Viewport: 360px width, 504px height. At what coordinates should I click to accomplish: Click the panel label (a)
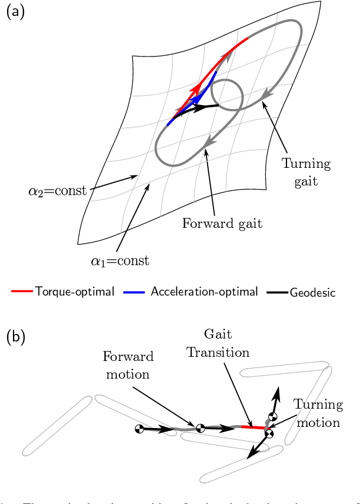[15, 12]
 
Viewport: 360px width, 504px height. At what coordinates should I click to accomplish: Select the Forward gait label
[214, 224]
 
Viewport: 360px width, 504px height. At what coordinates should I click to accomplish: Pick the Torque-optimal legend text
[75, 291]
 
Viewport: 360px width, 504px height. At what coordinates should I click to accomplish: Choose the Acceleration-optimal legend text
[204, 291]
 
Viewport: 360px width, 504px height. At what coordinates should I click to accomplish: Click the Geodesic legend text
[312, 292]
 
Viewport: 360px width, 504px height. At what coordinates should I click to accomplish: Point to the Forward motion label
[128, 364]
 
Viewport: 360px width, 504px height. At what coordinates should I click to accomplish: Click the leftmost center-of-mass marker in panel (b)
[140, 429]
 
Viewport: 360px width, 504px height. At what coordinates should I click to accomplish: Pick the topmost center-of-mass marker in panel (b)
[272, 416]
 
